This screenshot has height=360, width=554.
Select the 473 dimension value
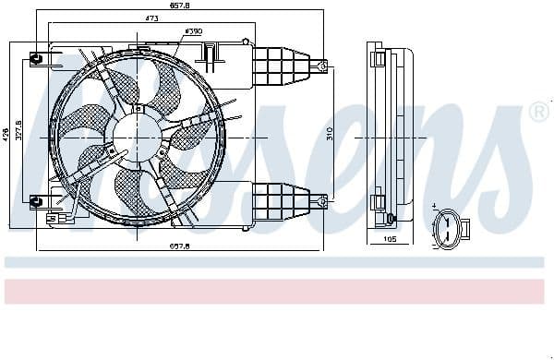pos(124,18)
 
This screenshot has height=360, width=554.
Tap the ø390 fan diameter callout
pos(193,31)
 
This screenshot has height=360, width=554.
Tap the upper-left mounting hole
pos(36,59)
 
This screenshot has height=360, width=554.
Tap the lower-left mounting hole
pos(36,202)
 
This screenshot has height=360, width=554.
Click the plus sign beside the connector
pos(434,208)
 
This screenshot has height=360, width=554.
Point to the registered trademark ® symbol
pos(537,112)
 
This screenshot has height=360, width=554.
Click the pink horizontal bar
pos(277,291)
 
